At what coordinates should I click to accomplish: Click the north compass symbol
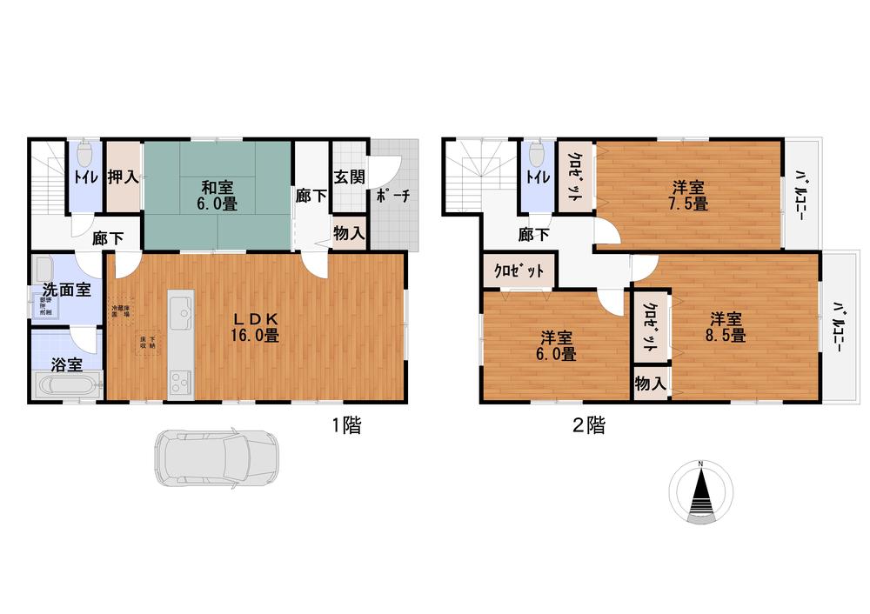point(700,491)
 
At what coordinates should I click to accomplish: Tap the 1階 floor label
point(345,426)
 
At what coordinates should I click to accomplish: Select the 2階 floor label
point(589,426)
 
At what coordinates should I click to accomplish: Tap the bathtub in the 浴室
point(66,386)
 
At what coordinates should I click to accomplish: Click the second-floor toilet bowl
point(536,155)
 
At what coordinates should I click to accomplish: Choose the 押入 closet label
point(124,177)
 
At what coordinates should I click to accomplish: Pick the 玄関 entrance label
point(350,177)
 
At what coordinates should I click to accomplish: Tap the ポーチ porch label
point(392,196)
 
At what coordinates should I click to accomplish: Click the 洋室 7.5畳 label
point(689,196)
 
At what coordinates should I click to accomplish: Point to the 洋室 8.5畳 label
point(726,326)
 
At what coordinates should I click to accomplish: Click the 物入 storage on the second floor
point(651,384)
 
